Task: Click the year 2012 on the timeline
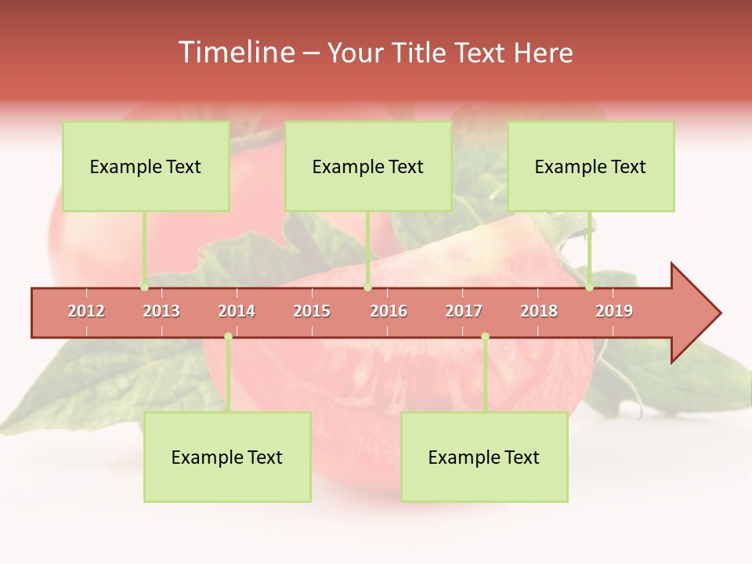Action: (x=86, y=311)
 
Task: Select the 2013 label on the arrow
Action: (x=161, y=311)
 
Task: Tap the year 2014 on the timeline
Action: (x=237, y=311)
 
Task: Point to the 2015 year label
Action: (x=312, y=311)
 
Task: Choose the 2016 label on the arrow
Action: (x=389, y=311)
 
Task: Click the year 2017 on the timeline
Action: (x=464, y=311)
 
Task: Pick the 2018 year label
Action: (x=539, y=311)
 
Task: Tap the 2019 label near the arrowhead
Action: (x=614, y=311)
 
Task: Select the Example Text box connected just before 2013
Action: (x=146, y=166)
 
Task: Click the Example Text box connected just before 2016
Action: (x=368, y=166)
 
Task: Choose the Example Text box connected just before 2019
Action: (x=591, y=166)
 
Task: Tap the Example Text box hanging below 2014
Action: (x=227, y=457)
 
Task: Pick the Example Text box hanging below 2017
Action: (x=484, y=457)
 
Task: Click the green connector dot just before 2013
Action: (x=144, y=287)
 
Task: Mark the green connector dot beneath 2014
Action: (x=228, y=337)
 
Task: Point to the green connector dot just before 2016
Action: (x=367, y=287)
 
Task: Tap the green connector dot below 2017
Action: (x=485, y=337)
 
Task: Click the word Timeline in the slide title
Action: (x=235, y=52)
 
